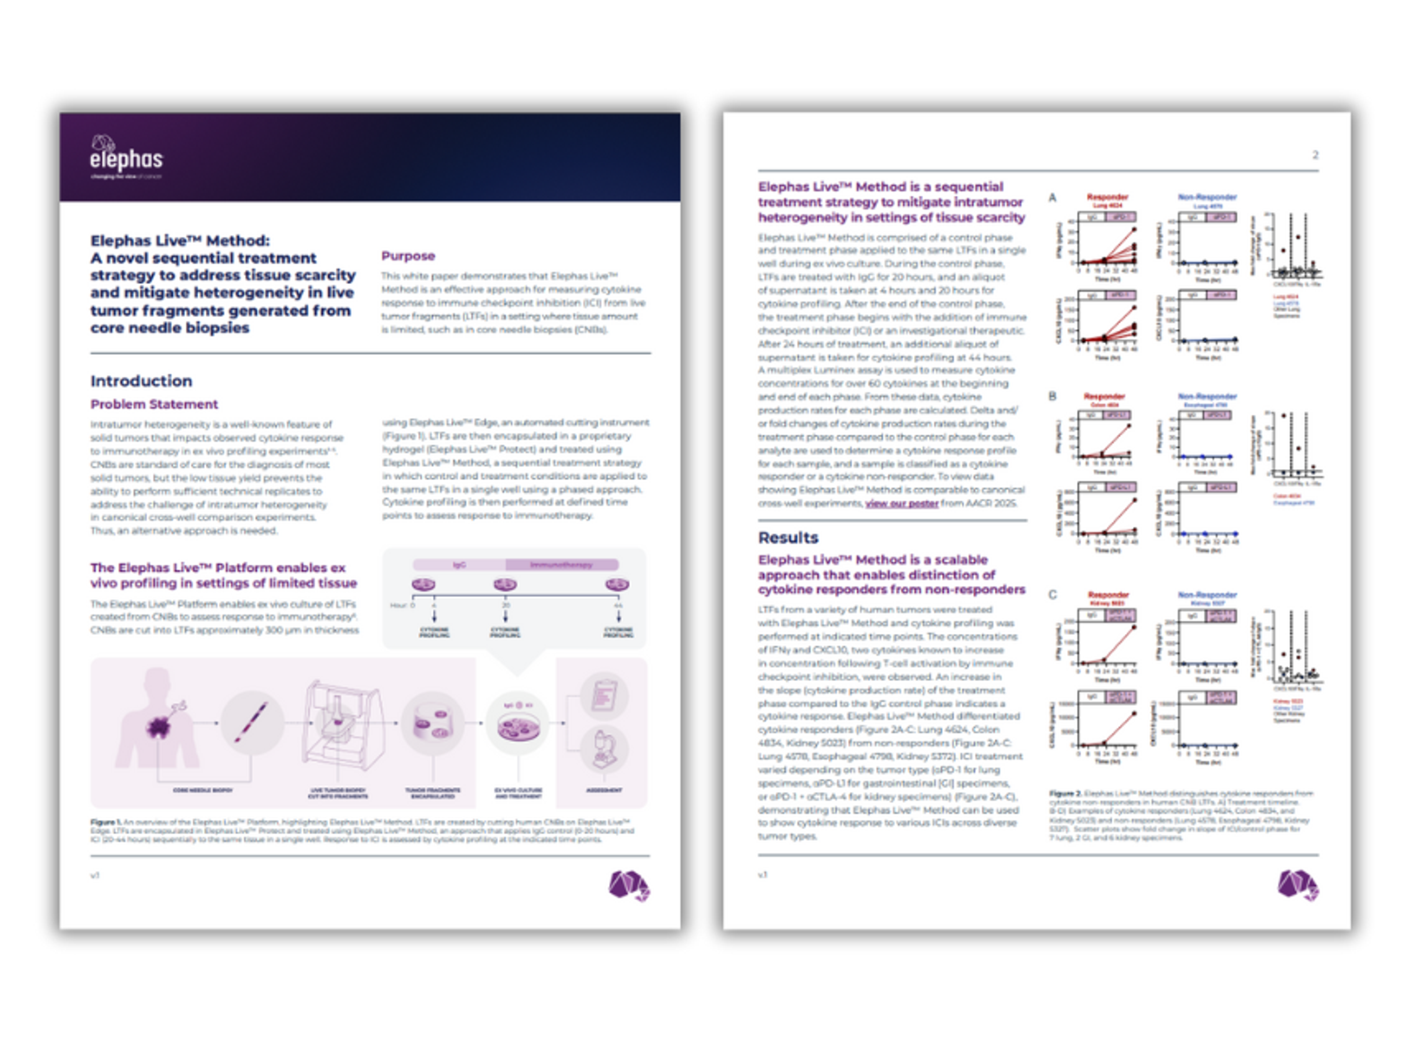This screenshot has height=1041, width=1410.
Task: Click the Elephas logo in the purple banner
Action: click(126, 158)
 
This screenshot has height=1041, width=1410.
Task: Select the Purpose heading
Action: click(408, 256)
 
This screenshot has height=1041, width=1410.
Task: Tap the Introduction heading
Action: click(141, 381)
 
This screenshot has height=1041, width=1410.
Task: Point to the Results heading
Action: click(788, 538)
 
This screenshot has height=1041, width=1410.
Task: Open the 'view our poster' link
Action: click(901, 503)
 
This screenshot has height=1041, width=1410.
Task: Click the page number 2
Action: click(1315, 155)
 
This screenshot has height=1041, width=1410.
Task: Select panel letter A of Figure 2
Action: click(1052, 198)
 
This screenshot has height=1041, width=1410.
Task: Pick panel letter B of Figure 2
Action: click(1052, 396)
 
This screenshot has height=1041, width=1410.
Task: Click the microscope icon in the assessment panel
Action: click(604, 749)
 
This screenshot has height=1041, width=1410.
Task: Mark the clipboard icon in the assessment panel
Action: click(604, 695)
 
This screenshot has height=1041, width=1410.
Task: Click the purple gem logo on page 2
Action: click(1298, 885)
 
